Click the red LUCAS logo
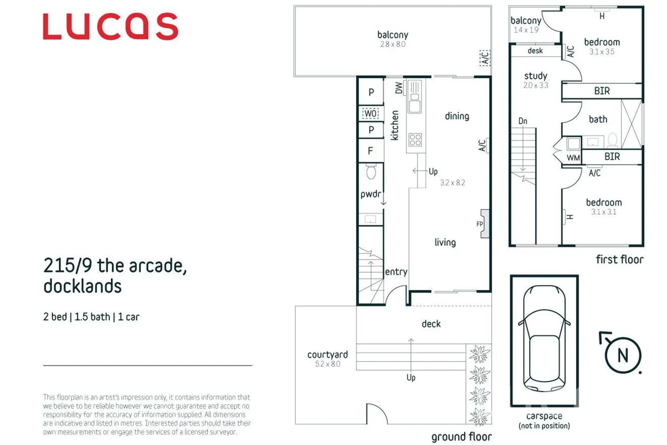110,26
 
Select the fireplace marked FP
485,224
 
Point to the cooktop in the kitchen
415,140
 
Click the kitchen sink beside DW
414,97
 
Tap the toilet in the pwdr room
371,172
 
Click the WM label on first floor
573,158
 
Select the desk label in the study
535,51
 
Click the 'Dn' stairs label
522,121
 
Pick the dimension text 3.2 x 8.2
452,183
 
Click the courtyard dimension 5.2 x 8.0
328,364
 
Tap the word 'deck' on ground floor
431,324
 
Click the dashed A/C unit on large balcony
485,58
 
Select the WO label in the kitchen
370,113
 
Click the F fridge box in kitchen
370,151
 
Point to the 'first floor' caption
619,260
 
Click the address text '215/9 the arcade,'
115,266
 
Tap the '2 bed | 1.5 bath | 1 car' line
91,317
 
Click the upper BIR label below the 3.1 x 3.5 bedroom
601,91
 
